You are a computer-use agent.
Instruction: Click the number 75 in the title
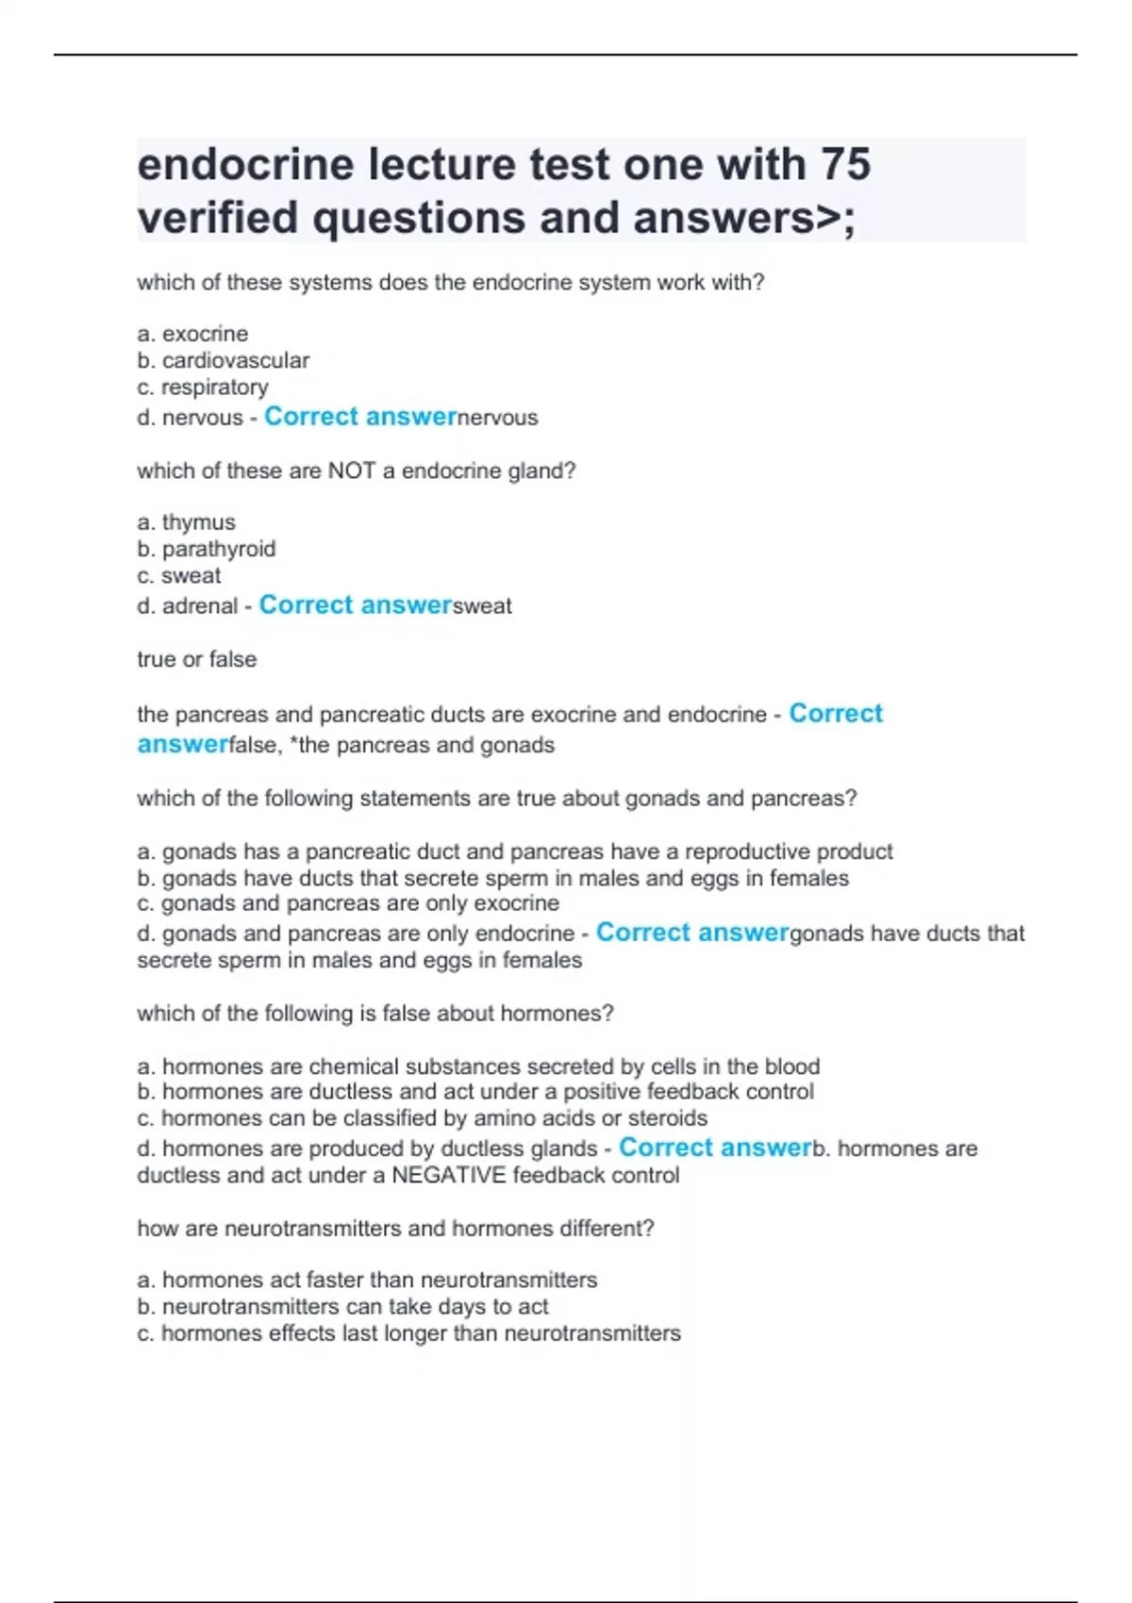(x=845, y=165)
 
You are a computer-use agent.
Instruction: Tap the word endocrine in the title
(x=245, y=165)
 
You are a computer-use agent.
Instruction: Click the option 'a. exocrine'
(x=192, y=334)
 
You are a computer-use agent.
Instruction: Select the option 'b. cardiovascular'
(x=223, y=360)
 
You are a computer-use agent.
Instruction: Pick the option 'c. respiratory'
(x=203, y=387)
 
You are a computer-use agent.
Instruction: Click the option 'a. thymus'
(x=186, y=522)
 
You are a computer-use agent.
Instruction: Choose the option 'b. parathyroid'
(x=206, y=549)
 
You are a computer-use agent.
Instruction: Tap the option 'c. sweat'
(x=178, y=575)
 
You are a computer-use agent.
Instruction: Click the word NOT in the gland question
(x=352, y=471)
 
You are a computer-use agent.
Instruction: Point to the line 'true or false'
(x=196, y=659)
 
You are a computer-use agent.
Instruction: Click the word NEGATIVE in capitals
(x=448, y=1176)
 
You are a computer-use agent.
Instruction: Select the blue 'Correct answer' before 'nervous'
(x=360, y=417)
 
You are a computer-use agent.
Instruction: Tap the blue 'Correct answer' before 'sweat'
(x=356, y=605)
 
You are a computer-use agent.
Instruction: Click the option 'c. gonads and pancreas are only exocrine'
(x=347, y=903)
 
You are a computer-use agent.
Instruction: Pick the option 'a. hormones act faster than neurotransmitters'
(x=367, y=1280)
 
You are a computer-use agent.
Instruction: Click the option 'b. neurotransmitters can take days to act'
(x=342, y=1306)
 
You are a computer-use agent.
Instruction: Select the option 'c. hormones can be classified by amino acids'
(x=422, y=1118)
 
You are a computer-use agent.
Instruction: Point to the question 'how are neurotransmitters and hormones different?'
(x=395, y=1229)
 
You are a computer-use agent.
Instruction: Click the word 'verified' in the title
(x=217, y=218)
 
